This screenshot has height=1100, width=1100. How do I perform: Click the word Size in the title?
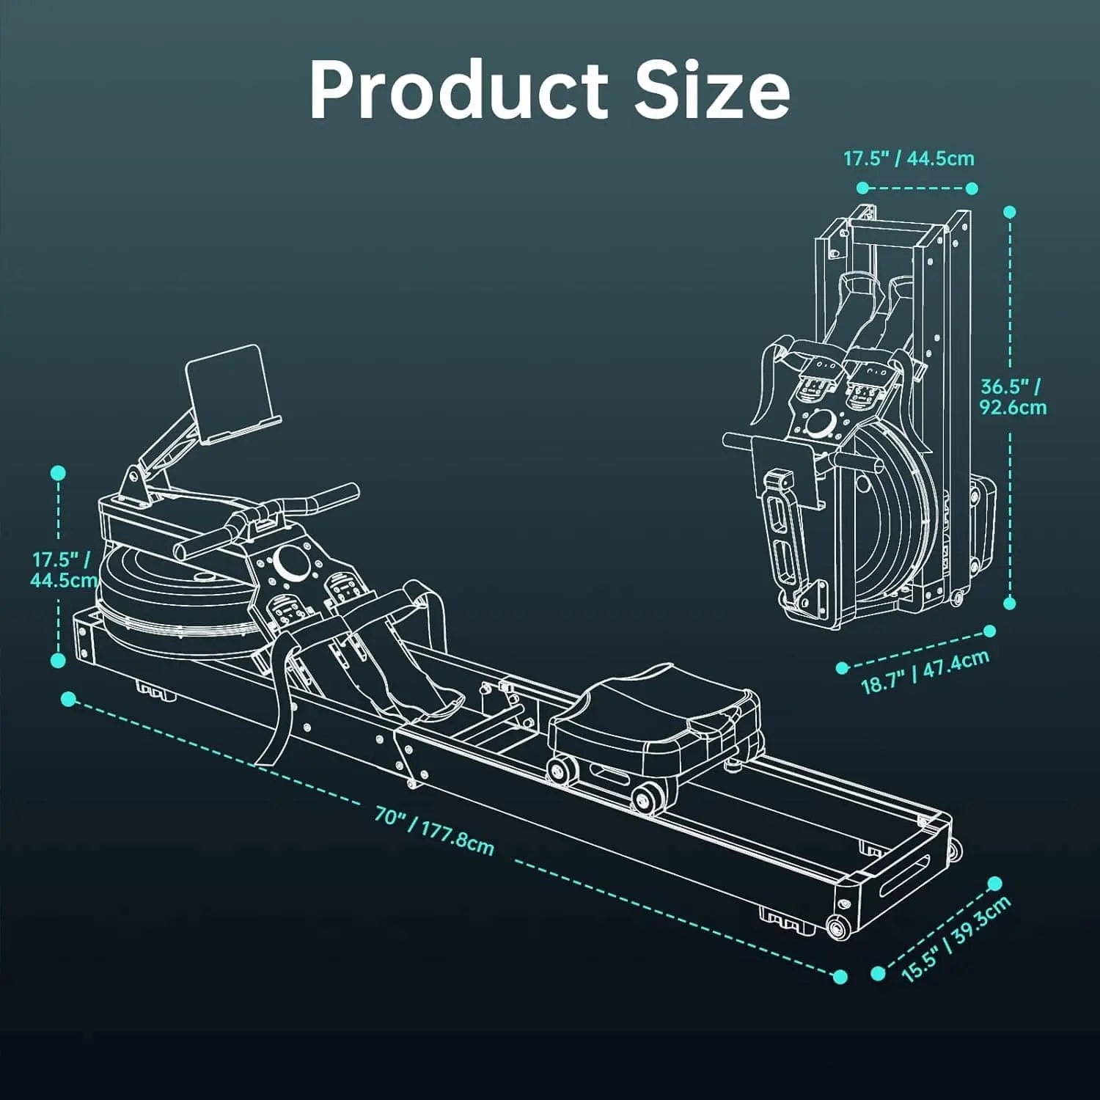click(x=712, y=92)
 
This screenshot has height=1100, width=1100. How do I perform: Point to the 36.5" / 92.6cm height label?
click(x=1013, y=396)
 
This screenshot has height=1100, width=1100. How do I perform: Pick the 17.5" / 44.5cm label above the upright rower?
click(x=909, y=158)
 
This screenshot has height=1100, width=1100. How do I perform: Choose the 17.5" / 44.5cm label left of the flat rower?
click(x=62, y=570)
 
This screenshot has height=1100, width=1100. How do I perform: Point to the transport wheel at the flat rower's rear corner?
click(x=835, y=928)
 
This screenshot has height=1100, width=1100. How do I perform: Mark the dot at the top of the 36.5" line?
click(x=1009, y=212)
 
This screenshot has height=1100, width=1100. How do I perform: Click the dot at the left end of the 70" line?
click(x=68, y=698)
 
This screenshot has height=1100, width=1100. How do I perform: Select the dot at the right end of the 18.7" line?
click(x=989, y=631)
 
